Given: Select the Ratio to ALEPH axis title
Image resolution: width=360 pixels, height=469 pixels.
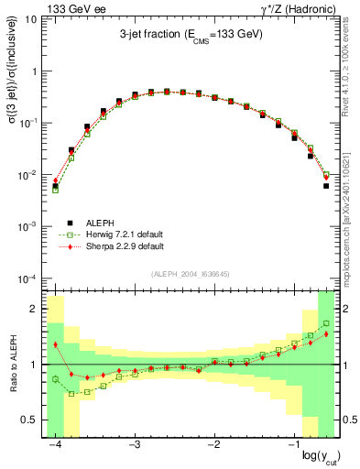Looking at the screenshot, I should (x=12, y=364).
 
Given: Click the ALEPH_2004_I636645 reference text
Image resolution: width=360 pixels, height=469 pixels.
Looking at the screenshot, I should (x=191, y=276).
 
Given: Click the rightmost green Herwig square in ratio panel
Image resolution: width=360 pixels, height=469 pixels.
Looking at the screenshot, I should (x=326, y=323).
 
